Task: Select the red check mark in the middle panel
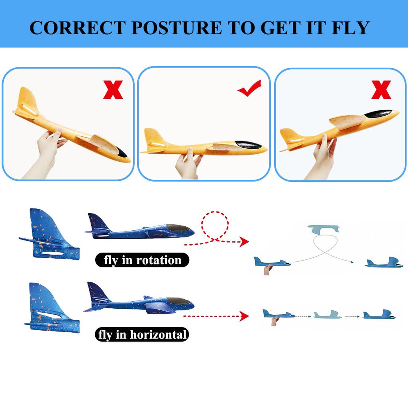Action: [250, 88]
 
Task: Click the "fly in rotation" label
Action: [142, 260]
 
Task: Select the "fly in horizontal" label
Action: [142, 334]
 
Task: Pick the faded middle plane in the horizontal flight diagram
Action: [328, 315]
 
